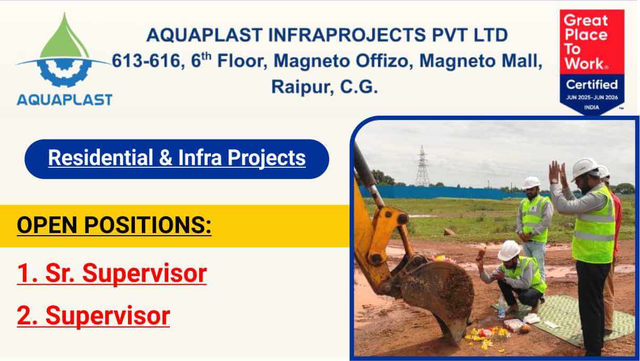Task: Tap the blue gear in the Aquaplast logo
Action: coord(64,72)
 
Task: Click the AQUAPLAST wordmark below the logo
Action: coord(64,99)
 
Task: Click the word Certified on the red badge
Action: coord(591,84)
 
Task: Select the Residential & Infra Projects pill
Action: coord(177,158)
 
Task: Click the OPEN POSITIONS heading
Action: coord(114,225)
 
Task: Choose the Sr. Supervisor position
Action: coord(112,273)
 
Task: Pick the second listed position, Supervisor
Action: coord(93,315)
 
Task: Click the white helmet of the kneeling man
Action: coord(509,250)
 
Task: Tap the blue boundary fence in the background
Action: coord(451,192)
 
